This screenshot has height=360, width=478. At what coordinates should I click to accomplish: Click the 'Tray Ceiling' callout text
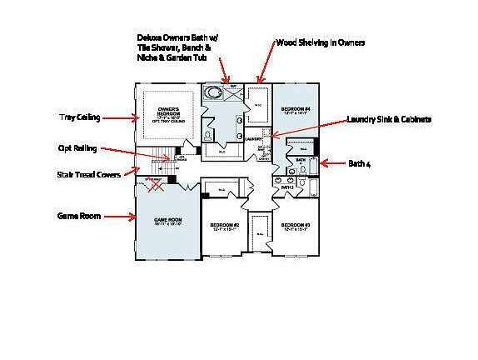click(x=79, y=117)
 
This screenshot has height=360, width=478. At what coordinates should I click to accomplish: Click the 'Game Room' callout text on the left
click(x=78, y=216)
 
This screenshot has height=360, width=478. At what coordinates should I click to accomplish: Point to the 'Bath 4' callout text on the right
click(x=359, y=164)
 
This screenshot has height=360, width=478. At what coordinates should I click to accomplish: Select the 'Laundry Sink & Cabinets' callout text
click(x=389, y=120)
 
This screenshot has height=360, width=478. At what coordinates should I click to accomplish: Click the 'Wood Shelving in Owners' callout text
click(x=320, y=42)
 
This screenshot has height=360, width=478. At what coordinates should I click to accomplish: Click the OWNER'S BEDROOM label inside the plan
click(x=169, y=112)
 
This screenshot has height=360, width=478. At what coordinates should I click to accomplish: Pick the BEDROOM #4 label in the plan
click(x=295, y=110)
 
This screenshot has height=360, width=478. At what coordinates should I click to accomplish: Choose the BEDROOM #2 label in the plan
click(x=224, y=225)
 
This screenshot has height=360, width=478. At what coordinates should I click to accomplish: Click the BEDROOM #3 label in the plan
click(x=295, y=225)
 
